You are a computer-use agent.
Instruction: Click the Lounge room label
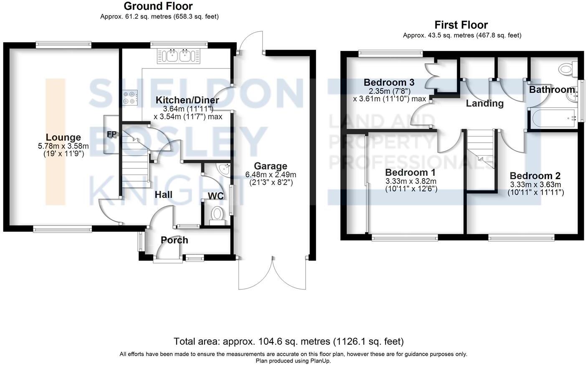[63, 137]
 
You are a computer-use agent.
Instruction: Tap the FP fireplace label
[112, 134]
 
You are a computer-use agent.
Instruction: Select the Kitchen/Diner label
[187, 100]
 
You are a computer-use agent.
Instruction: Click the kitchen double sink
[179, 56]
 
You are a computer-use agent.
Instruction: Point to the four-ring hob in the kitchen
[129, 98]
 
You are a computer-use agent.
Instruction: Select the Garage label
[271, 166]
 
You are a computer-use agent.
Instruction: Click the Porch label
[175, 240]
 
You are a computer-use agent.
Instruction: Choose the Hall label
[163, 195]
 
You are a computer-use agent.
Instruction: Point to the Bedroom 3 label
[389, 82]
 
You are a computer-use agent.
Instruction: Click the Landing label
[484, 103]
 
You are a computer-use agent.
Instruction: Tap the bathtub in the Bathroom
[552, 118]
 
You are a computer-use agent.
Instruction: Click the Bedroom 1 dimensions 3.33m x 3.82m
[411, 181]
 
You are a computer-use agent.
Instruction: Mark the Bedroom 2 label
[535, 176]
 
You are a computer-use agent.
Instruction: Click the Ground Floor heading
[158, 6]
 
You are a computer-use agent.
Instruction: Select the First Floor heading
[461, 25]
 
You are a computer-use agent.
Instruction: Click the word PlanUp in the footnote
[320, 361]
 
